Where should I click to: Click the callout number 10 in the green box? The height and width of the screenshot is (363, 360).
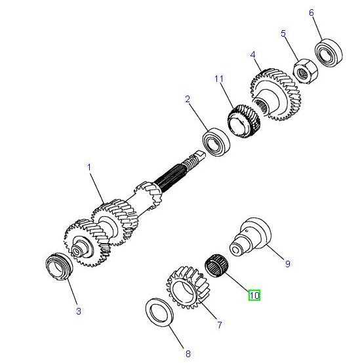pos(254,296)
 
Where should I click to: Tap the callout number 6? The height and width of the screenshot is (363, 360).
pos(311,12)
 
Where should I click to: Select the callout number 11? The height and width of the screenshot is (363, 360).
pos(219,79)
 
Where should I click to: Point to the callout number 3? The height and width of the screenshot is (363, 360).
pos(79,311)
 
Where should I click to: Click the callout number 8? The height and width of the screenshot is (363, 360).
pos(188,354)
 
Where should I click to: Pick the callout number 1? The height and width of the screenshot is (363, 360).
pos(89,167)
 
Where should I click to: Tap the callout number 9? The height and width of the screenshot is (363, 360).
pos(287,263)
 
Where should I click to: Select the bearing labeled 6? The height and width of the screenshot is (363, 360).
pos(329,53)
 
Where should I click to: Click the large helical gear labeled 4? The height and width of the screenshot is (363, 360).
pos(275,94)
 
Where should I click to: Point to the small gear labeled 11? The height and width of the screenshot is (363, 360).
pos(243,121)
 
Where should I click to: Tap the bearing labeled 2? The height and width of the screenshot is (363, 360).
pos(216,142)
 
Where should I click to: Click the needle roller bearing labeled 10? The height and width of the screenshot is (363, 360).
pos(217,265)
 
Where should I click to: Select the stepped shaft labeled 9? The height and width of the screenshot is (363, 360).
pos(250,237)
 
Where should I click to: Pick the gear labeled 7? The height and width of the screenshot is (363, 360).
pos(186,287)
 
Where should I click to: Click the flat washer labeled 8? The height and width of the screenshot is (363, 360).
pos(159,313)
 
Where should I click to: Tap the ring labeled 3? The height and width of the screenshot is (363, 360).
pos(59,266)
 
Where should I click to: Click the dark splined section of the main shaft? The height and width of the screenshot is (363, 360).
pos(169,178)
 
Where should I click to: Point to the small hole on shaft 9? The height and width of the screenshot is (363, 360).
pos(247,231)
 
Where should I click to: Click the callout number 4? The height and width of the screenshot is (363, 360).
pos(252,55)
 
